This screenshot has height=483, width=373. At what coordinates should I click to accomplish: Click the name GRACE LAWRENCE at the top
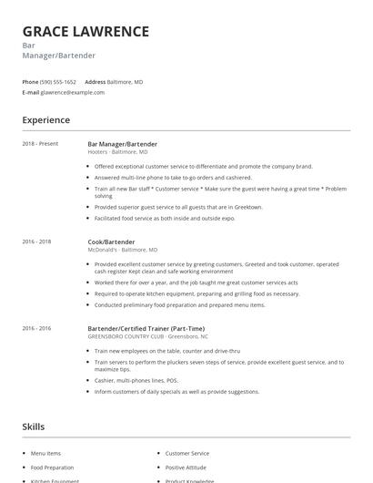[x=86, y=32]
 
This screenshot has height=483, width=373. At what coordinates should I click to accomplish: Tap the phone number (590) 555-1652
[x=59, y=81]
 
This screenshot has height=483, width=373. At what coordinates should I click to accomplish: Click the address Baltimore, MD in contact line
[x=125, y=81]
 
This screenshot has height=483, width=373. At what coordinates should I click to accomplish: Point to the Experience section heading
[x=45, y=119]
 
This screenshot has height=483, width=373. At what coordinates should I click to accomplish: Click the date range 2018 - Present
[x=40, y=143]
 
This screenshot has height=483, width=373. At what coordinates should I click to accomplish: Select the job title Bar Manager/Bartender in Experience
[x=122, y=143]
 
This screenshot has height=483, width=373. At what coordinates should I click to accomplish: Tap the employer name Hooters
[x=97, y=151]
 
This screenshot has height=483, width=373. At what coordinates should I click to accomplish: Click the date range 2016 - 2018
[x=36, y=241]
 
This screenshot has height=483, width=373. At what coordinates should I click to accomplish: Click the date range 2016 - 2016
[x=36, y=327]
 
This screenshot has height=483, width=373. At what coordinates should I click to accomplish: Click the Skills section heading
[x=33, y=426]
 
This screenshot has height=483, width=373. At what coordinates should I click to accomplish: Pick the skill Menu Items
[x=45, y=453]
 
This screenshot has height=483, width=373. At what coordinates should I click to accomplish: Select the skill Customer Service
[x=186, y=453]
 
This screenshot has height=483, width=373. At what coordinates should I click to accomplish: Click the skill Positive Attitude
[x=186, y=467]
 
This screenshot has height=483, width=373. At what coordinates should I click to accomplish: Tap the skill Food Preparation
[x=51, y=467]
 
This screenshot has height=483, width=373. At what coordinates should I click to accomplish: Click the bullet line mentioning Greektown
[x=178, y=207]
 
